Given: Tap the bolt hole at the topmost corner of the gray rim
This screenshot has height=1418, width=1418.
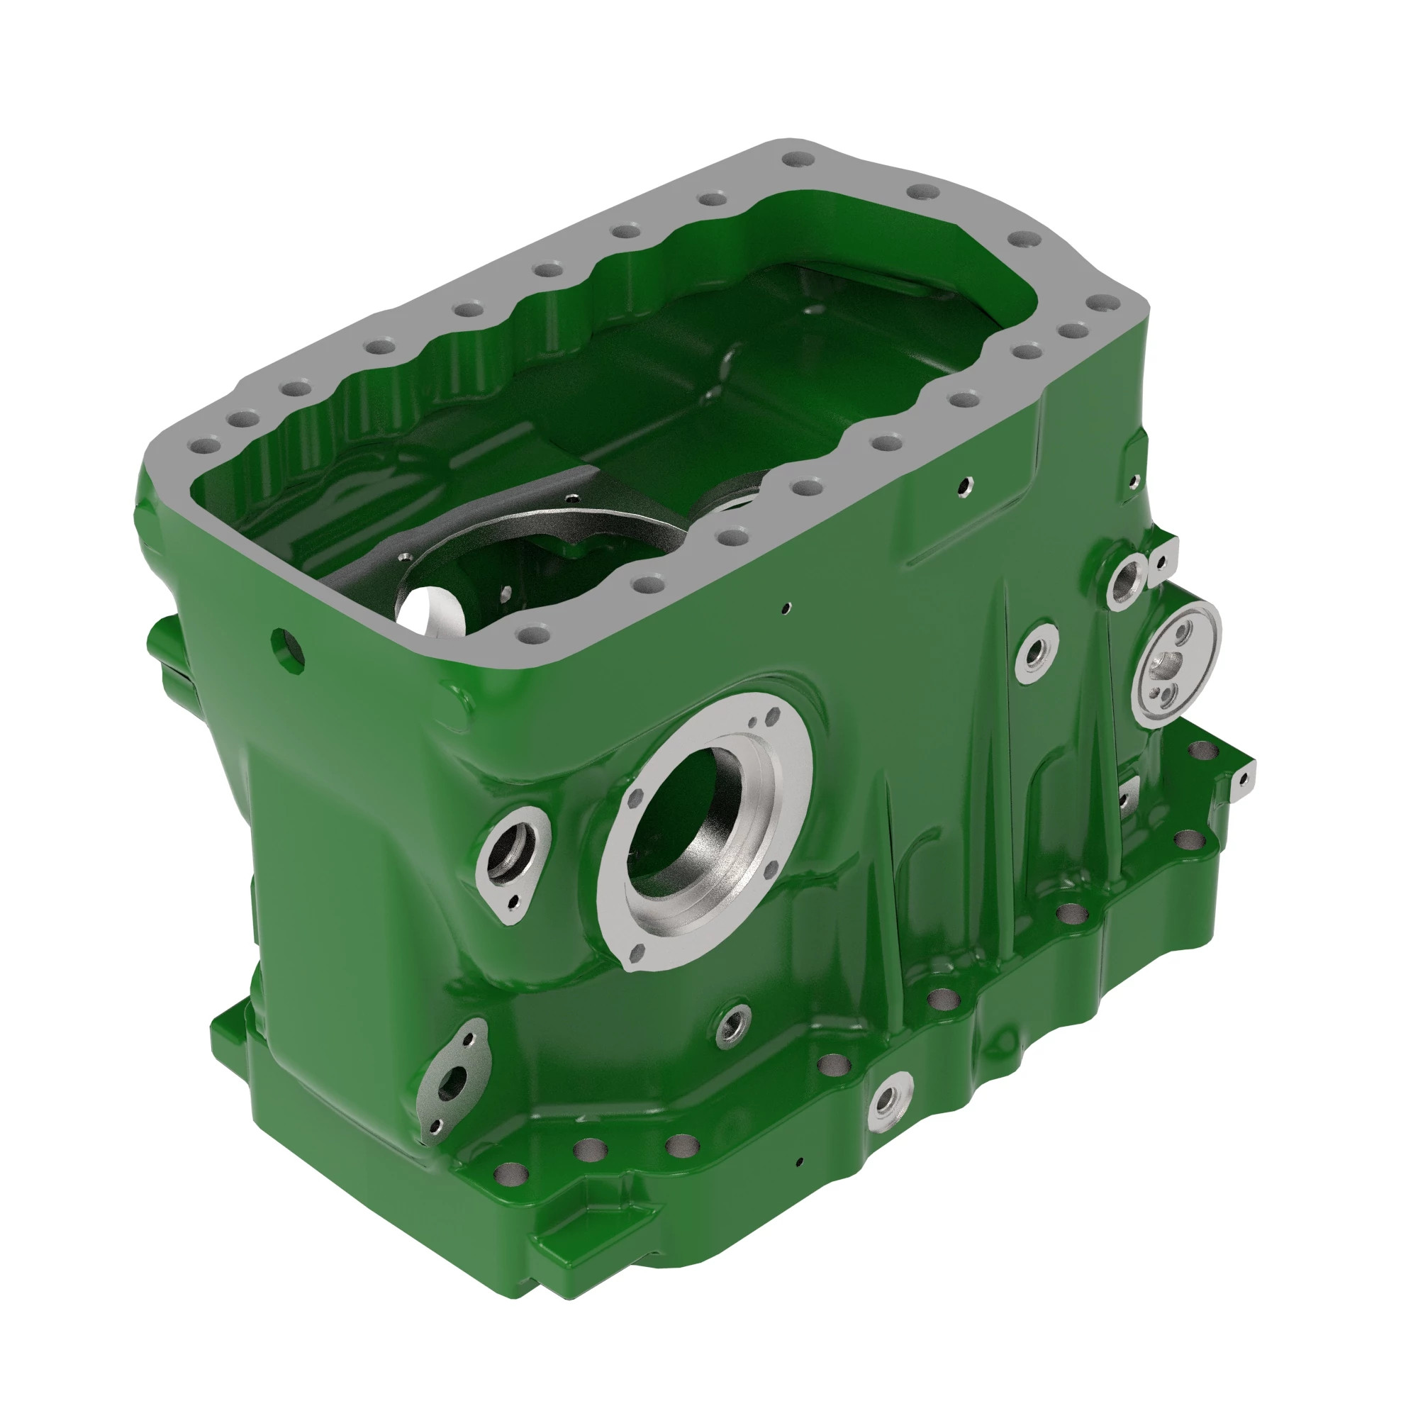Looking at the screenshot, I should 794,160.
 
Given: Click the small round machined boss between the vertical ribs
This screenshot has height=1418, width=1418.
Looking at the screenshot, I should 1037,652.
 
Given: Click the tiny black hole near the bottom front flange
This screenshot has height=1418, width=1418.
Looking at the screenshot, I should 800,1162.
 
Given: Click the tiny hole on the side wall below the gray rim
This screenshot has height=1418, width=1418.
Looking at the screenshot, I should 786,607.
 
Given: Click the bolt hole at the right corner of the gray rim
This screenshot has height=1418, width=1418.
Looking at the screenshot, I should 1102,303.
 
